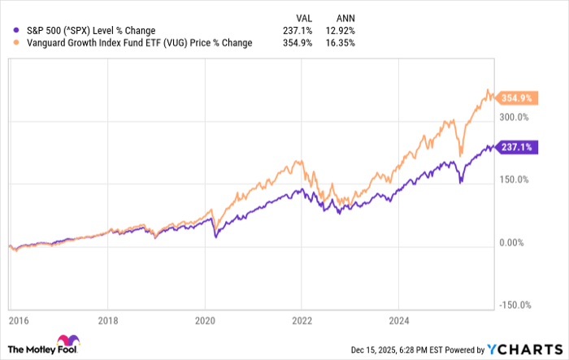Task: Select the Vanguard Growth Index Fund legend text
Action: coord(133,43)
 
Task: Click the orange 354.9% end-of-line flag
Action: coord(516,98)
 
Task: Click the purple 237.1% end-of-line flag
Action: coord(516,147)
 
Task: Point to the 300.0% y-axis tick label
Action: coord(515,117)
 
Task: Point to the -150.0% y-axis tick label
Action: coord(514,306)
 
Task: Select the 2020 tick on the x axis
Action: coord(205,320)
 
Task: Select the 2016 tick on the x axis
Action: coord(10,320)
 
